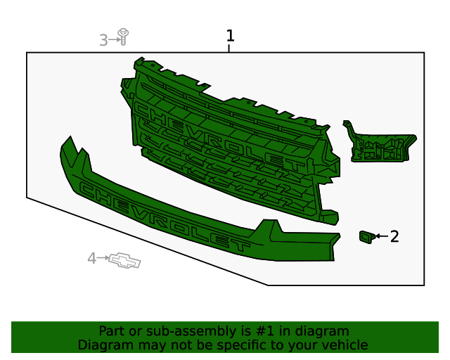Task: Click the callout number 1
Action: [x=231, y=36]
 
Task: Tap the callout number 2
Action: [x=394, y=236]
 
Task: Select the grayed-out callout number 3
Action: [x=103, y=40]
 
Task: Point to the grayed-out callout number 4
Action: [x=91, y=258]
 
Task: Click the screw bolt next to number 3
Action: [x=124, y=37]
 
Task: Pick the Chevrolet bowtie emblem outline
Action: [x=124, y=261]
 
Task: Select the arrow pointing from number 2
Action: [x=382, y=236]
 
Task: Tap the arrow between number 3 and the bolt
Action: [x=115, y=39]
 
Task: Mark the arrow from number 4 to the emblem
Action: [x=103, y=258]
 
